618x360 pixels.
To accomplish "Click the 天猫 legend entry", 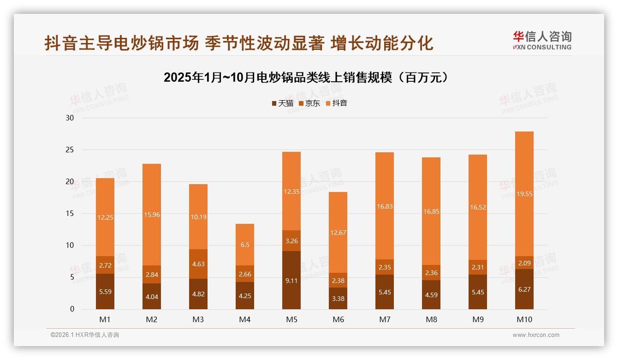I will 282,103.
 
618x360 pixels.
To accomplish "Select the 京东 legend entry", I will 309,103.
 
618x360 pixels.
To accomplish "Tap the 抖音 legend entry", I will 336,103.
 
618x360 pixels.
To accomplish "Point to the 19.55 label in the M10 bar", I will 524,194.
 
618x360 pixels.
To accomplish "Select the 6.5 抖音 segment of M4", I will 245,245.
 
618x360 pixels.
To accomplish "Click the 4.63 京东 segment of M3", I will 198,264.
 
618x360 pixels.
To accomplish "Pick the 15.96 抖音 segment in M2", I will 151,215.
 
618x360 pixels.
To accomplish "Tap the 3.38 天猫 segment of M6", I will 338,299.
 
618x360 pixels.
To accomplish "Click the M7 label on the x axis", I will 385,319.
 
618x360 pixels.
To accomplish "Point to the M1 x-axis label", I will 105,319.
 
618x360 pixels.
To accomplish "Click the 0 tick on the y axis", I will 72,309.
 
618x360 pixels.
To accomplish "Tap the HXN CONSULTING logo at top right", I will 542,40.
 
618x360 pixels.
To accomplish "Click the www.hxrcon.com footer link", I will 536,335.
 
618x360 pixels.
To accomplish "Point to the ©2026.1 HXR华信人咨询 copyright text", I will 85,335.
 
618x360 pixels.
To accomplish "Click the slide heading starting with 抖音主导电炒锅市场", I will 239,43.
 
